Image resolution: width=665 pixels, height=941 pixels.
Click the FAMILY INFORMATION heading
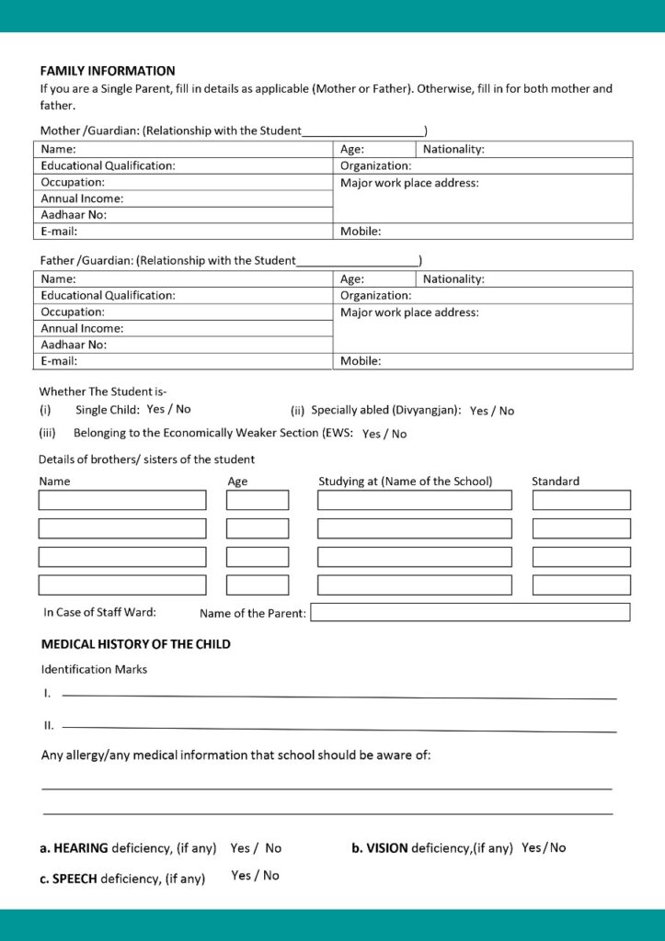108,71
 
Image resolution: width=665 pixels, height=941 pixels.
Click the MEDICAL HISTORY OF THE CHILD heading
135,644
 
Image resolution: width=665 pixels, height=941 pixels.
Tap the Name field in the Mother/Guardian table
184,149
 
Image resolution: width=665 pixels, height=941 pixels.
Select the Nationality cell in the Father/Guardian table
524,278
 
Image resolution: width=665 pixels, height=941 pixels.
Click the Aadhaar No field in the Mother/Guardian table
184,215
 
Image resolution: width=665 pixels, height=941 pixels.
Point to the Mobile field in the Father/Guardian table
483,361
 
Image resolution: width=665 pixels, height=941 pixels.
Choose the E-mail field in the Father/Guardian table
184,361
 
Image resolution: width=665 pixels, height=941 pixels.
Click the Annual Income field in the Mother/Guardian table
184,198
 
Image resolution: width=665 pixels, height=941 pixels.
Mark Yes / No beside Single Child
169,409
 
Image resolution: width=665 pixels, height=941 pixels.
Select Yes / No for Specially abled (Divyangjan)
492,411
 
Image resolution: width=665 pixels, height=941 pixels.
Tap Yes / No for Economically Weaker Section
384,434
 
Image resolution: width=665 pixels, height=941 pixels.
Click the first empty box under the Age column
258,500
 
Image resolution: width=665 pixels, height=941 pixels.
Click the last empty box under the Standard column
581,584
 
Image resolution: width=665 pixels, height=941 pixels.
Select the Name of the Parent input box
470,612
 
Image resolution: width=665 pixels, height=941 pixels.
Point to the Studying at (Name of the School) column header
406,481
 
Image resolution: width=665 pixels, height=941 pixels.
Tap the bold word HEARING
81,848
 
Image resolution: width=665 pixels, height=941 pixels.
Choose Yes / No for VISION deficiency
544,847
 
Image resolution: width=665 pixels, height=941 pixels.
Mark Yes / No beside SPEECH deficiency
256,876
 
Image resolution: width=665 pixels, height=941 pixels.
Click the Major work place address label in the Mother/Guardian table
409,183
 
